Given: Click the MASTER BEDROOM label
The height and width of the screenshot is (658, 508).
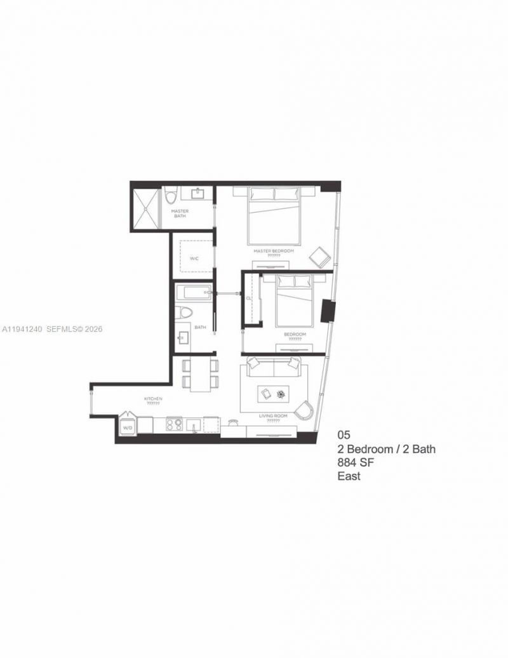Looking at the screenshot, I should point(274,251).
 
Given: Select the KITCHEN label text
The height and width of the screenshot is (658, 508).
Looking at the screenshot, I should point(153,398).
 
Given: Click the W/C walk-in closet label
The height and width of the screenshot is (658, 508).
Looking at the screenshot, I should point(195,258).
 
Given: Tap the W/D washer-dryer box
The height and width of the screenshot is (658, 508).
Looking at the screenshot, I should point(128,427).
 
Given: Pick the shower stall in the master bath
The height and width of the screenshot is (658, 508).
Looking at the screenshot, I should point(145,208).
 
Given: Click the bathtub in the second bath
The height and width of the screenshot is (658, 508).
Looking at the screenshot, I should point(194,293).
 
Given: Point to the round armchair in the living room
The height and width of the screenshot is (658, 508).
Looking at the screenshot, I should point(305,410).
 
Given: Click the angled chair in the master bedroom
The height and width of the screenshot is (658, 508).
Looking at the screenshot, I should point(319,258).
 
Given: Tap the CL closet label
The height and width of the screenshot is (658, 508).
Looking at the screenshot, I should point(250,297).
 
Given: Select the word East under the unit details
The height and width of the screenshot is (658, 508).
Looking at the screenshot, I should point(349,476).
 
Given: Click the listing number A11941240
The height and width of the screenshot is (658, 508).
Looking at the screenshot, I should point(22,329).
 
